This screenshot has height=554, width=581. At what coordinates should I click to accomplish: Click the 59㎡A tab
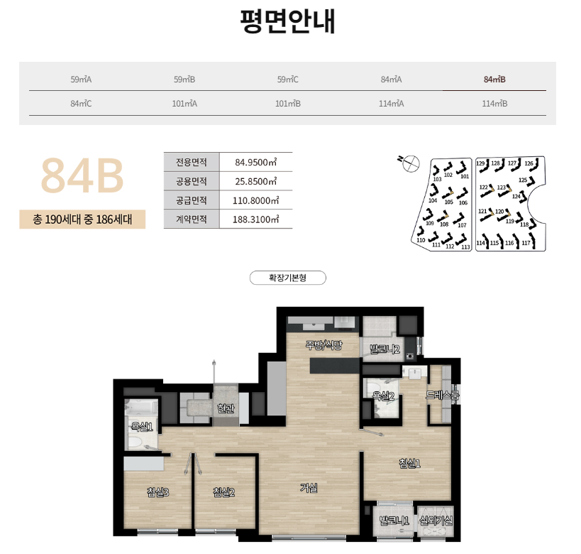[x=82, y=79]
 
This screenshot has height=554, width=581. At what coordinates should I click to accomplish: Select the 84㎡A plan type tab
[x=391, y=79]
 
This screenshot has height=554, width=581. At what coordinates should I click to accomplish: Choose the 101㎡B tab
[x=287, y=103]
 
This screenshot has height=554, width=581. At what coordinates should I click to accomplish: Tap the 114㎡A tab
[x=391, y=103]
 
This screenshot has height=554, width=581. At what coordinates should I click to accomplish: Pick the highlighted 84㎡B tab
[x=494, y=79]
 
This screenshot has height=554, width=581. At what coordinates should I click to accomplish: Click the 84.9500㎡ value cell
[x=255, y=162]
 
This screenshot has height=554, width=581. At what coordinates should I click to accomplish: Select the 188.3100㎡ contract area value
[x=255, y=219]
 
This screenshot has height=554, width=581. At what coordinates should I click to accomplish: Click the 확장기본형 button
[x=287, y=278]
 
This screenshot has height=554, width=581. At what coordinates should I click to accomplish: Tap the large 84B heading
[x=82, y=175]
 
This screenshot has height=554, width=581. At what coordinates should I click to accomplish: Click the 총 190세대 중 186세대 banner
[x=82, y=219]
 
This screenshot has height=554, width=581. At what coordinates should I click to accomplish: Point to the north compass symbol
[x=408, y=164]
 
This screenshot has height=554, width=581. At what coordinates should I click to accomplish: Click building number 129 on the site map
[x=480, y=164]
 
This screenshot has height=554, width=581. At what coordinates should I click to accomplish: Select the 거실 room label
[x=309, y=488]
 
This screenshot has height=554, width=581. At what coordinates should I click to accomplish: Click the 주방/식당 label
[x=323, y=346]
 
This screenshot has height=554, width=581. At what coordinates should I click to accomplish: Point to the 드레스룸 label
[x=443, y=395]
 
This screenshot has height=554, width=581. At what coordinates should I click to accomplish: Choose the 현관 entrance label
[x=226, y=408]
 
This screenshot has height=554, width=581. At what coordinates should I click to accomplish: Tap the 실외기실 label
[x=436, y=521]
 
